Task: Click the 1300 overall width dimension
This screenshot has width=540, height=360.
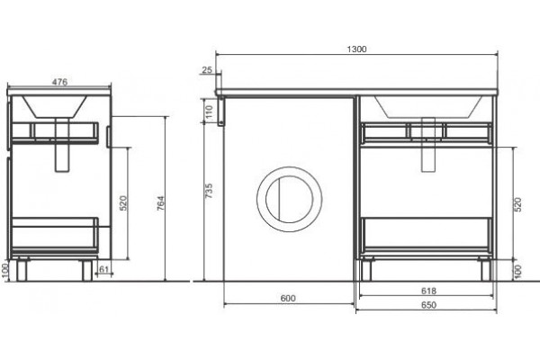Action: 356,49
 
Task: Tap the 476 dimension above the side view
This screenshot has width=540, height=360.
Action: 59,82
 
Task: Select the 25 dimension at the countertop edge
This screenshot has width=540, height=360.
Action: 207,70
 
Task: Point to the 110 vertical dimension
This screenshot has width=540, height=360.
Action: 210,112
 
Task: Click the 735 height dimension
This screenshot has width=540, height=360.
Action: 209,191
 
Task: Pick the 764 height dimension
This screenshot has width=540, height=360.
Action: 160,203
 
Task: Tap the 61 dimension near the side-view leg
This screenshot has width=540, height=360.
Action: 104,269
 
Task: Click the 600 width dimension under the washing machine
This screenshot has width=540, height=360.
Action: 288,298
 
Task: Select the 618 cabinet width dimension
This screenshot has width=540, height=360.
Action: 428,291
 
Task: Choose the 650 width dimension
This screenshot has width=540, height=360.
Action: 428,305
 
